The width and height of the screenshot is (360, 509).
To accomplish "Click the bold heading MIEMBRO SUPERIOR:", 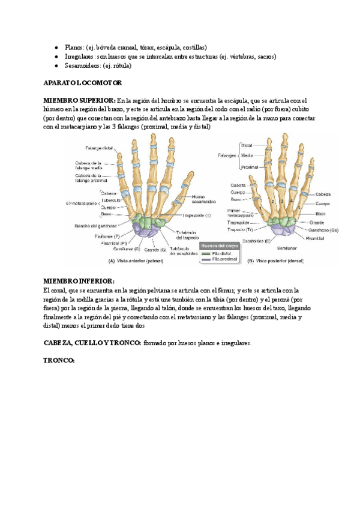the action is click(x=80, y=100).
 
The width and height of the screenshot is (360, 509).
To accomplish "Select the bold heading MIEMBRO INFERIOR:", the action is click(x=79, y=281).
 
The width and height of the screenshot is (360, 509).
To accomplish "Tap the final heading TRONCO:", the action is click(x=59, y=360).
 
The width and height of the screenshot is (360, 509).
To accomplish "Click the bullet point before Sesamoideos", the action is click(x=56, y=65).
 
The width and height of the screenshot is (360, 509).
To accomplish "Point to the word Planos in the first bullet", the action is click(x=73, y=47).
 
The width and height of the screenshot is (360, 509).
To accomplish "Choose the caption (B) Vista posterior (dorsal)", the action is click(x=292, y=261).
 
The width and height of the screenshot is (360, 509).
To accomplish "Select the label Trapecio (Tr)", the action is click(x=239, y=229).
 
